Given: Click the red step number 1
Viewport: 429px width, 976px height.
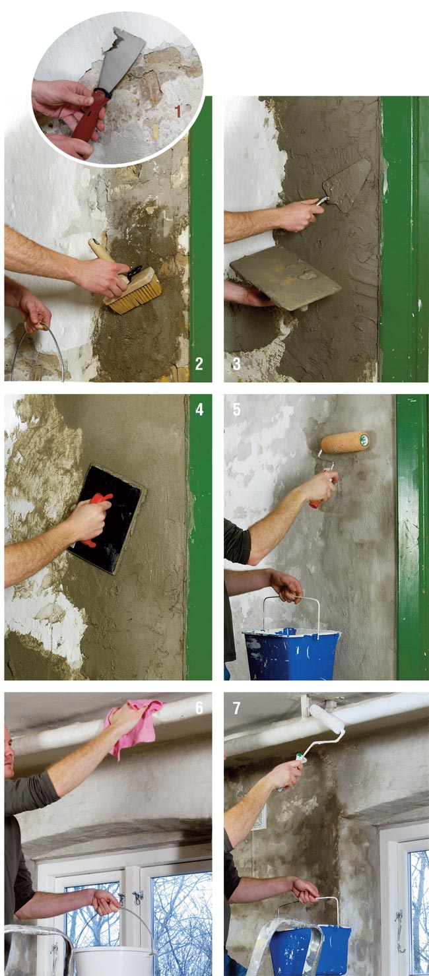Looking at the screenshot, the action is pos(178,112).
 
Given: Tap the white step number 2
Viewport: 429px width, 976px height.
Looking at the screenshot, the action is pos(199,364).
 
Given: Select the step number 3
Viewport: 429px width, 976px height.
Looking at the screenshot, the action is pos(237,364).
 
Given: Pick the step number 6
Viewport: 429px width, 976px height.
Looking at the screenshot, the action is pos(199,707).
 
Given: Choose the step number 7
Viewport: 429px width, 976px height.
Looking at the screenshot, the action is pos(237,707).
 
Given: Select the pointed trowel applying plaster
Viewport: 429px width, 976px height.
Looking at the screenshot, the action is pos(347,185).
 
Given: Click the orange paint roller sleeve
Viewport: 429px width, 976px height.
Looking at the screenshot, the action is pos(345,442).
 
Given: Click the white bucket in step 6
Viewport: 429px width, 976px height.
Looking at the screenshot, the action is pos(114,961).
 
